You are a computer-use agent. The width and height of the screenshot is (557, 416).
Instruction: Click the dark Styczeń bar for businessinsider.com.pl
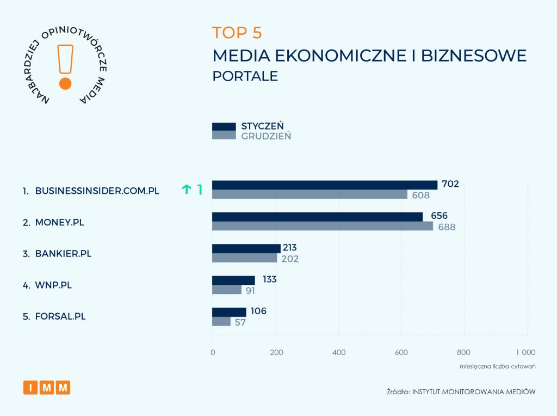(324, 185)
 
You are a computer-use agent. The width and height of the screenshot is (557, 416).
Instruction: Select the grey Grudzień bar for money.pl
(323, 226)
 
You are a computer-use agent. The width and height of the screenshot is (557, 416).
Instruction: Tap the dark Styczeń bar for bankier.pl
(246, 248)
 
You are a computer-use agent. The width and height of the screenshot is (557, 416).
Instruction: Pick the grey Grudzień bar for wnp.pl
(226, 290)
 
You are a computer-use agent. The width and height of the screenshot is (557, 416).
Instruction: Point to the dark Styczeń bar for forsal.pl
(229, 312)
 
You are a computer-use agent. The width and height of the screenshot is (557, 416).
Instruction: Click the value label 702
(450, 184)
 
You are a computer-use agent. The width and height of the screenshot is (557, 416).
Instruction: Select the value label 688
(447, 227)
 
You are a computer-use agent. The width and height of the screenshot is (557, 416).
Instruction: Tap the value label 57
(240, 322)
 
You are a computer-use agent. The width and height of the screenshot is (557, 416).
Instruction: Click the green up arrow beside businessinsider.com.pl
(187, 189)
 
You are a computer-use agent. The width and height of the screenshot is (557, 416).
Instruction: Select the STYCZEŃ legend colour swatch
(224, 127)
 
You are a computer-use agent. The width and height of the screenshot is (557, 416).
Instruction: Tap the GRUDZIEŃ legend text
(266, 136)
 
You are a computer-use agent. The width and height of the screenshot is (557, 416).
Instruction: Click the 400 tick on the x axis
(338, 352)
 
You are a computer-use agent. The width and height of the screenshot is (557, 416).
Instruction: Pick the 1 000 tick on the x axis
(525, 352)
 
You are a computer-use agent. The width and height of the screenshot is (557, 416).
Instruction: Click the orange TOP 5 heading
(237, 33)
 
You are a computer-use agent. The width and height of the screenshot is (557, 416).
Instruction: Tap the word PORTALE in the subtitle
(245, 76)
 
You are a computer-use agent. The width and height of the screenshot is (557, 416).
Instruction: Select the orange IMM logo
(47, 388)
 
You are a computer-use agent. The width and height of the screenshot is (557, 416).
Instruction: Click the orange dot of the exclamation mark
(65, 83)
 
